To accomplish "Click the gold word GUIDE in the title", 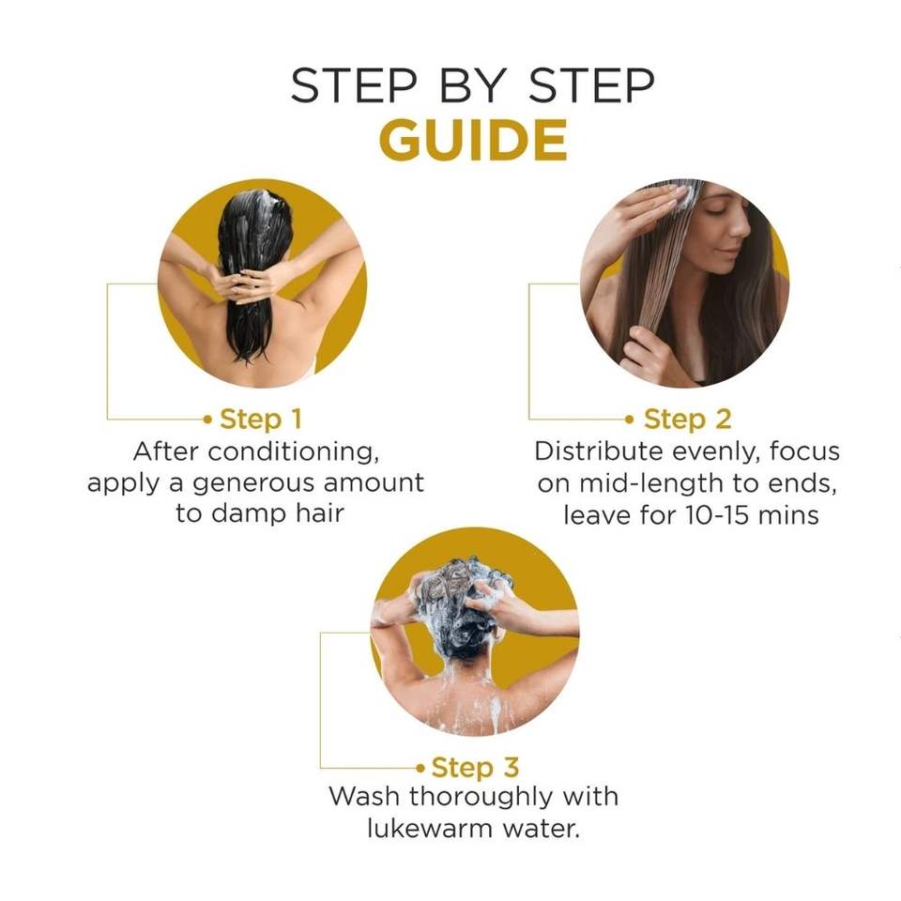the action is coord(473,140).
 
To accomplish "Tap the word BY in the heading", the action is coord(473,85).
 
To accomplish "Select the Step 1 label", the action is coord(260,419).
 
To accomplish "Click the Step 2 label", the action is coord(687,419).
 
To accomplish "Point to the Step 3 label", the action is coord(475,767).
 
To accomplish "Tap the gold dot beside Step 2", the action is coord(630,420).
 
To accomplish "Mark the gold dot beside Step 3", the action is coord(420,768).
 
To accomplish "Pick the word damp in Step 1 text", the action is coord(249,513).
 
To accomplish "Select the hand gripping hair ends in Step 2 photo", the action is coord(647,347).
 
